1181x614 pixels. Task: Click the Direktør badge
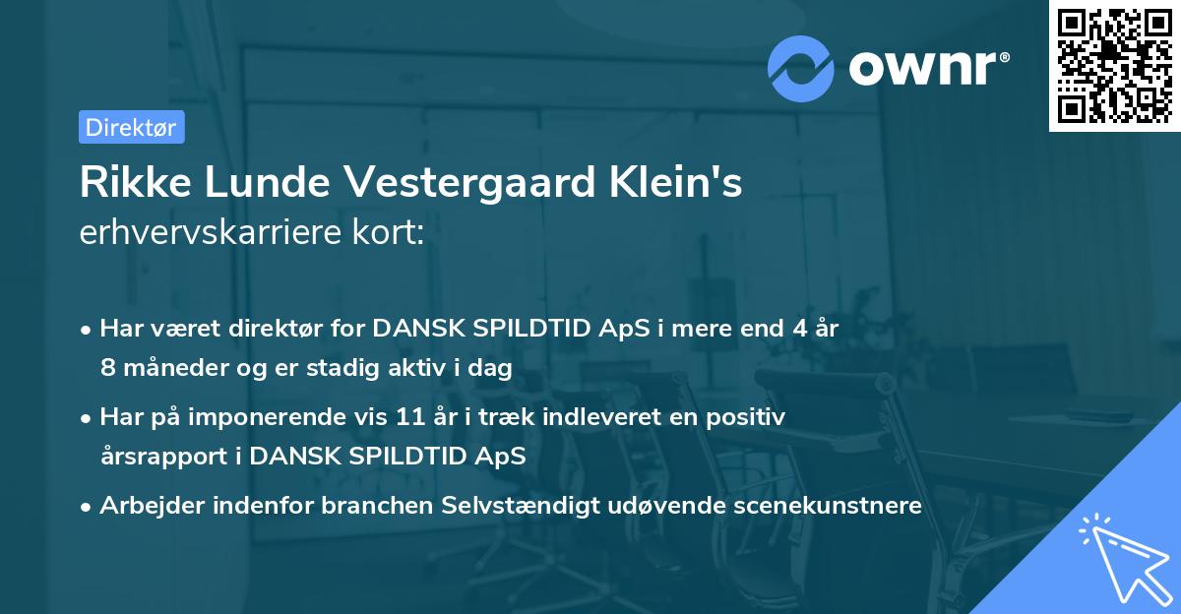(131, 127)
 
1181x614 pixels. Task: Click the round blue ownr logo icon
(801, 68)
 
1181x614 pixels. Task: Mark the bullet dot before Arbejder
(88, 507)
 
